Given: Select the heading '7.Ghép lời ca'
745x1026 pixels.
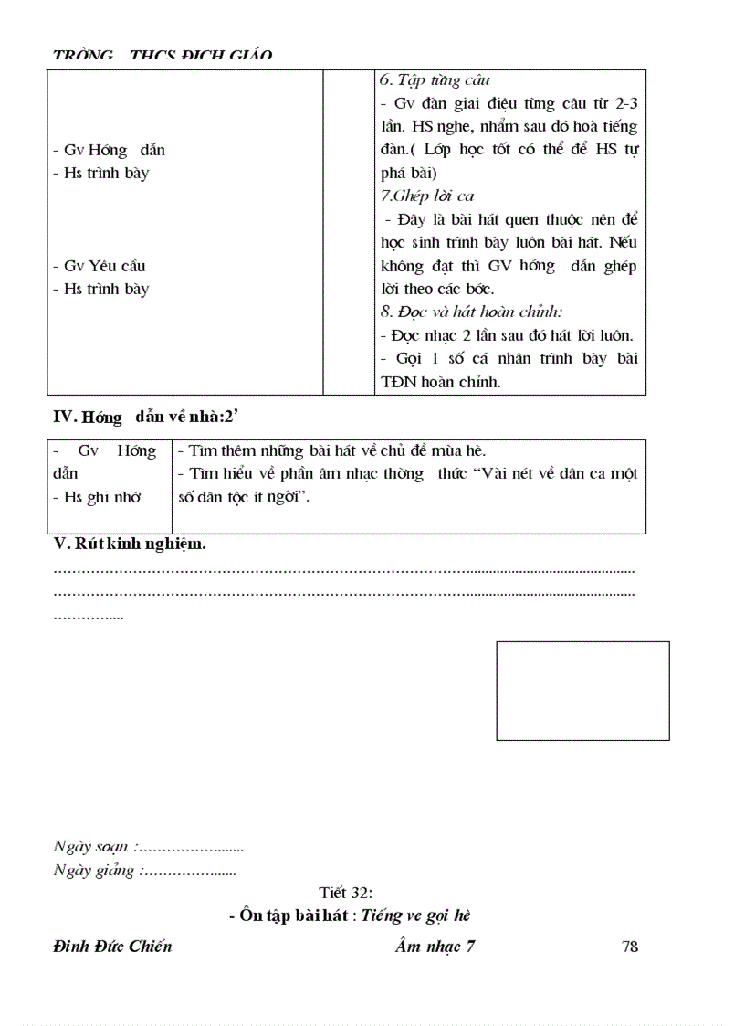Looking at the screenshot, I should pyautogui.click(x=427, y=196).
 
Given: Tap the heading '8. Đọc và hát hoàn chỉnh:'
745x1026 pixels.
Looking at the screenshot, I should pyautogui.click(x=471, y=312).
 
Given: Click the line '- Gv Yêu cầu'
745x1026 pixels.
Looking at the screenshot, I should pyautogui.click(x=100, y=266).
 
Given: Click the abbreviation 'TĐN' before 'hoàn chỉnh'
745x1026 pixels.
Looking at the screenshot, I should pyautogui.click(x=399, y=383).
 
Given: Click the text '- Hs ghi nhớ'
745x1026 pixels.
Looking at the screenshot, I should pyautogui.click(x=98, y=498).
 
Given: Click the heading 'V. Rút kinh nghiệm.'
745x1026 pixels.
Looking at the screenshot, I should pyautogui.click(x=131, y=545).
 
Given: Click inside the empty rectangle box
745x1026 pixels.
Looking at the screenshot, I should pyautogui.click(x=582, y=691).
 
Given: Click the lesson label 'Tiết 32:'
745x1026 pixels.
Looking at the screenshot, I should pyautogui.click(x=345, y=893).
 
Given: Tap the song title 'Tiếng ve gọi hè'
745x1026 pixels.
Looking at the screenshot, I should pyautogui.click(x=415, y=915).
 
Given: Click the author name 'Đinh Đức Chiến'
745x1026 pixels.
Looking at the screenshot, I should pyautogui.click(x=113, y=947).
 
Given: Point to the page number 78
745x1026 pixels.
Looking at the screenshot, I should pyautogui.click(x=629, y=947).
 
